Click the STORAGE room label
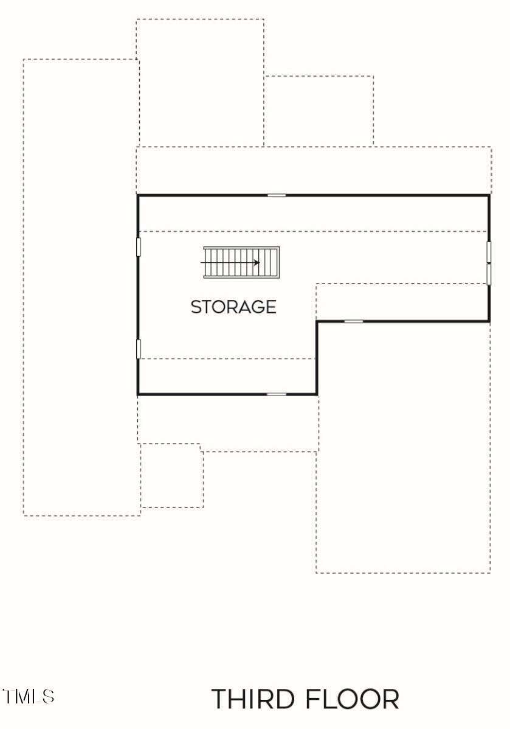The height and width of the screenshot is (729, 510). pos(233,307)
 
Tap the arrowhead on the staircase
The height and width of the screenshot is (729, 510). pos(257,263)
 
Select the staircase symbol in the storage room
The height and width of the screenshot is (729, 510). pos(241,263)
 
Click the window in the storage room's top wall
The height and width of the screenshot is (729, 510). pos(277,195)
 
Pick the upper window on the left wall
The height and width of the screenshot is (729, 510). pos(138,247)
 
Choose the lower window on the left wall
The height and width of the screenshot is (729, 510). pos(138,349)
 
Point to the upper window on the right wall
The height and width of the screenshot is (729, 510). pos(489,251)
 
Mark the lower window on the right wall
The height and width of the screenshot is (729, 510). pos(489,273)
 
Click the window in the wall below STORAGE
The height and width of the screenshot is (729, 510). pos(277,394)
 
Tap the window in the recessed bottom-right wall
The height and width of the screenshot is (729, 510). pos(353,321)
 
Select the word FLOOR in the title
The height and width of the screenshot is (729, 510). pos(353,699)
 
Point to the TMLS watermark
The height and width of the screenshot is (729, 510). pos(29,696)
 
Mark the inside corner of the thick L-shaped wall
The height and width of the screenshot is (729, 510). pos(317,321)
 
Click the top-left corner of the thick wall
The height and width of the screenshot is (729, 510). pos(138,196)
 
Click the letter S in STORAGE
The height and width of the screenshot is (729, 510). pos(196,307)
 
